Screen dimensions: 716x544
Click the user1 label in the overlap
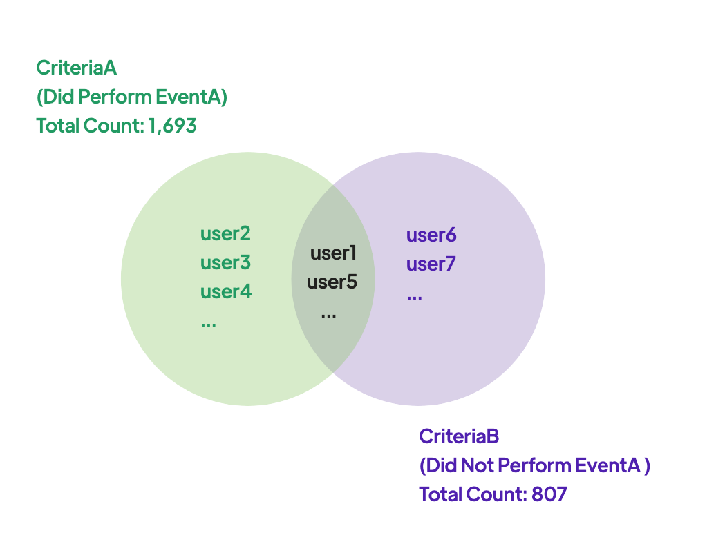(333, 253)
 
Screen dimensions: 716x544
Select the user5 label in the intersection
(332, 282)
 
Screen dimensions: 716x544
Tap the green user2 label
(225, 233)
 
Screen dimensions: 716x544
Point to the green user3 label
(225, 262)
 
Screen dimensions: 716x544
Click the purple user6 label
(431, 235)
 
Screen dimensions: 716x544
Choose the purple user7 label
(431, 264)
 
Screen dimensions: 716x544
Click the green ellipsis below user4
(208, 325)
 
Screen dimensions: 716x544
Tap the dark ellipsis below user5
(329, 315)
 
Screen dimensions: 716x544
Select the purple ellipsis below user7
(414, 298)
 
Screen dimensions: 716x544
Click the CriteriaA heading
(76, 68)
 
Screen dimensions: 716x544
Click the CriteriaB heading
(459, 436)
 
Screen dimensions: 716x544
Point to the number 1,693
(172, 126)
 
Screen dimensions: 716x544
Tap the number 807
(549, 494)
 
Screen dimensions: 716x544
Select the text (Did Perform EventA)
(132, 97)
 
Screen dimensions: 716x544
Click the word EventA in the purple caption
(607, 465)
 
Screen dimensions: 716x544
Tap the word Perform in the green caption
(115, 97)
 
